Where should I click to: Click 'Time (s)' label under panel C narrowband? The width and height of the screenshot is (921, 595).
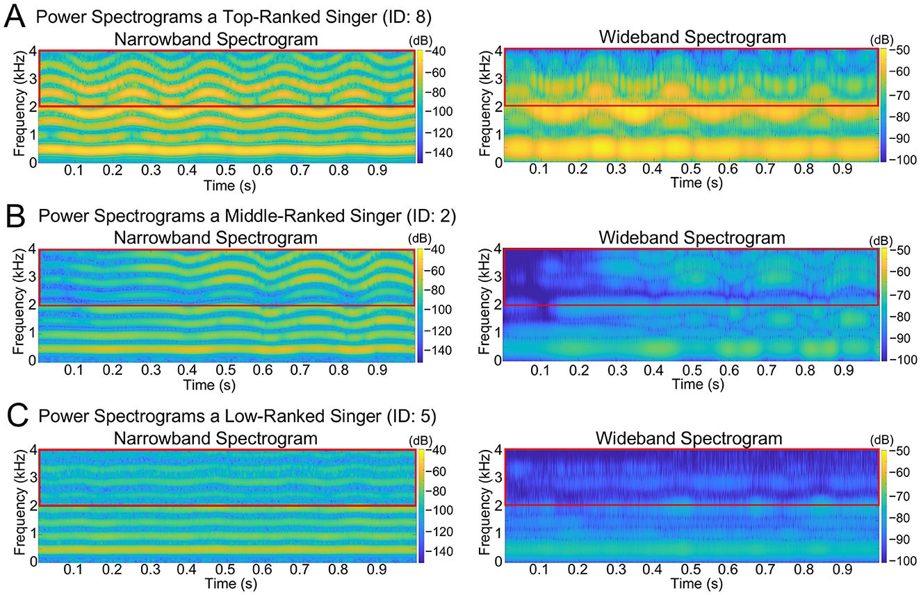point(227,584)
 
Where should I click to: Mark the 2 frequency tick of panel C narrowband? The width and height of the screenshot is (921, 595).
point(32,505)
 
